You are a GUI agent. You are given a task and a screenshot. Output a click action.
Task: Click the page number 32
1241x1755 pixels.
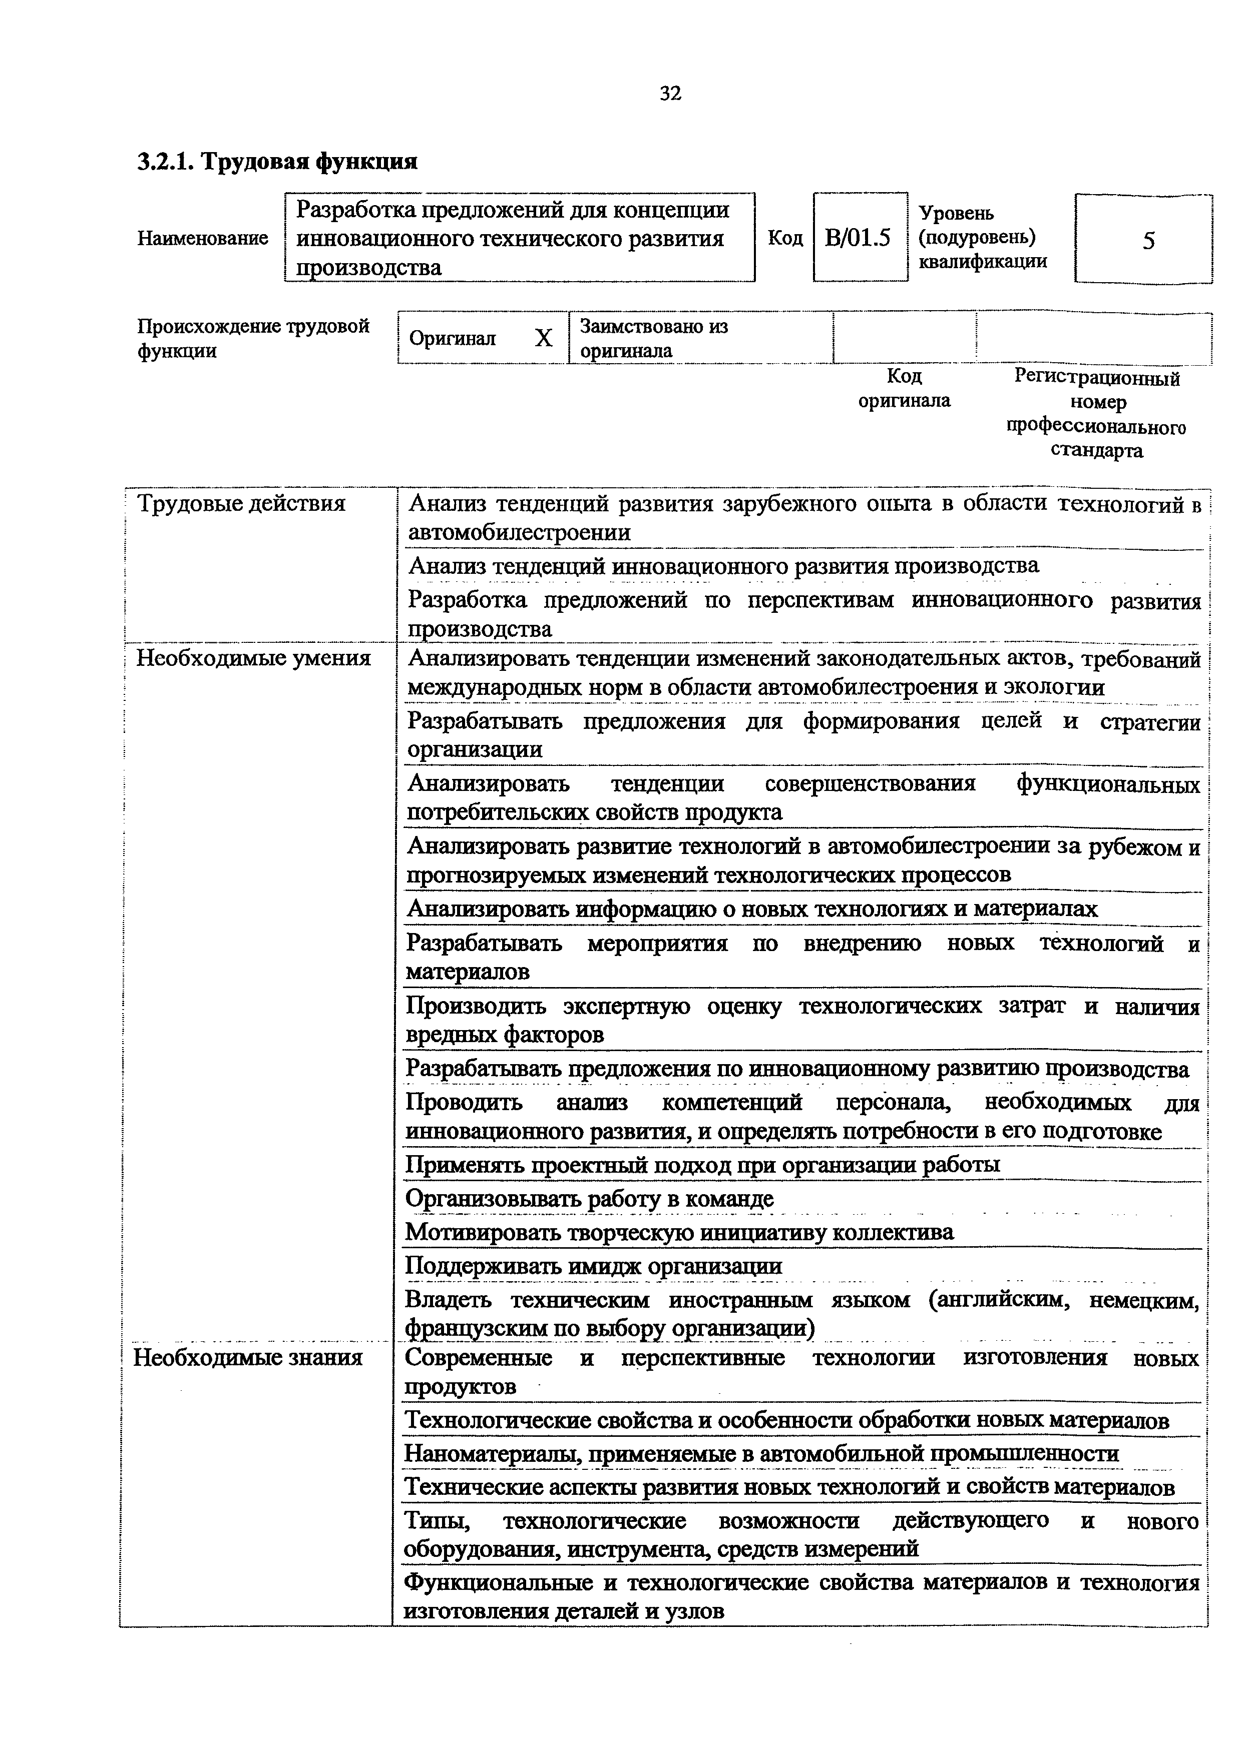click(670, 93)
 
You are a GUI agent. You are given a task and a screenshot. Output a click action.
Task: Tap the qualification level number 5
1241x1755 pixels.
click(1148, 242)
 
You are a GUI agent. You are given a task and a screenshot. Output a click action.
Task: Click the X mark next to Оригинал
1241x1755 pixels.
click(543, 338)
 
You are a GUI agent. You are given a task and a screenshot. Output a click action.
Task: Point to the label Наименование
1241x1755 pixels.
click(203, 239)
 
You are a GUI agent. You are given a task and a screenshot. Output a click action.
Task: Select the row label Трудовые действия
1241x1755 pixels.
click(241, 504)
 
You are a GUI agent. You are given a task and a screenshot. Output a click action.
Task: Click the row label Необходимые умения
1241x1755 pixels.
click(253, 658)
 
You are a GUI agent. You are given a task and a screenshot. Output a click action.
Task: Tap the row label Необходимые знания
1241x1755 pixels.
click(248, 1358)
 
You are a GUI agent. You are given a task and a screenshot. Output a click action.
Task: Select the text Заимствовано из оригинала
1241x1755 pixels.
click(654, 338)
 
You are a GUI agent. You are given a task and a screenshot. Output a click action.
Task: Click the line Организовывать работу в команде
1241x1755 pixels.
click(589, 1199)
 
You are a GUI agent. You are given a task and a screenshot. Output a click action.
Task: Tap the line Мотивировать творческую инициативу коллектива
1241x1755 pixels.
click(679, 1232)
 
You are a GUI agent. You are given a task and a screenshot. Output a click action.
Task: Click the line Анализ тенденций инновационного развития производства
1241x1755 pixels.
click(723, 566)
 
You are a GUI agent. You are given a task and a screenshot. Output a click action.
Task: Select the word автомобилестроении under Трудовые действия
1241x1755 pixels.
click(520, 533)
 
